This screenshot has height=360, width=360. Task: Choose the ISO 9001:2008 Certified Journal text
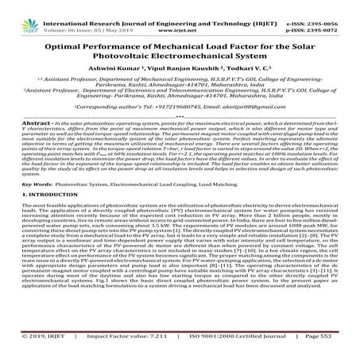(x=224, y=350)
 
